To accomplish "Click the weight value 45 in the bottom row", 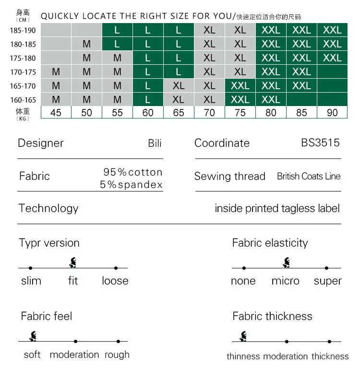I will click(x=56, y=113).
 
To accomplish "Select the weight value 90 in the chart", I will click(x=332, y=113).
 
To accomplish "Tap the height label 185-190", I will click(x=23, y=30).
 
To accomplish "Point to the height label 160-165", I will click(x=23, y=100).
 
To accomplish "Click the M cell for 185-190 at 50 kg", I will click(x=87, y=30).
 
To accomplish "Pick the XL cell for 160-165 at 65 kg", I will click(x=179, y=100).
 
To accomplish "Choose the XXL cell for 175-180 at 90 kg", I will click(x=332, y=58).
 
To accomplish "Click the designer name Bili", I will click(x=155, y=143).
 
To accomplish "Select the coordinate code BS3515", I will click(x=320, y=143).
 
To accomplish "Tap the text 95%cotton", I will click(x=133, y=172).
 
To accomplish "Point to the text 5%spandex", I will click(x=132, y=185).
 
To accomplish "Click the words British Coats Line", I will click(x=309, y=176).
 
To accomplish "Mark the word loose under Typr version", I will click(x=115, y=281).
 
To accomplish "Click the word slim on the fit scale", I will click(x=31, y=281).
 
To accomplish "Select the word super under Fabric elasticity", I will click(x=327, y=281).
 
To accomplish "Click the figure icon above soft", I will click(x=33, y=336).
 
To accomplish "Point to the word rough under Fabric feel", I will click(x=117, y=355).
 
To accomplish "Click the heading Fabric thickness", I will click(x=272, y=316).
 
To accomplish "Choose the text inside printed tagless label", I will click(x=277, y=208).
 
